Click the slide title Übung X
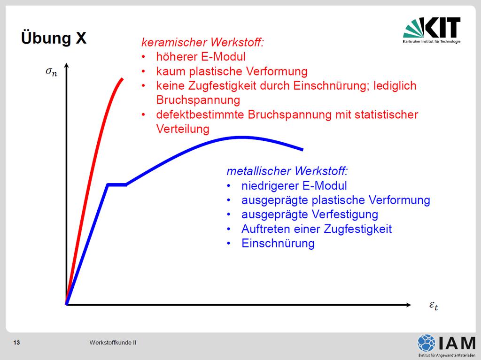[x=54, y=38]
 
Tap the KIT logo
[x=432, y=30]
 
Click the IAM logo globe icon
[x=426, y=343]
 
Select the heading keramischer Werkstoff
[x=202, y=42]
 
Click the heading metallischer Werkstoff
[x=287, y=171]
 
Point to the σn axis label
[x=51, y=72]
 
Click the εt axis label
[x=434, y=306]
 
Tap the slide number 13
[x=16, y=343]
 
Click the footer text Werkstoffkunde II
[x=113, y=343]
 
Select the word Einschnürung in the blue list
[x=278, y=243]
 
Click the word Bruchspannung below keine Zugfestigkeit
[x=198, y=100]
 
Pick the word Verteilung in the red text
[x=183, y=129]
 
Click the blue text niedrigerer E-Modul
[x=294, y=185]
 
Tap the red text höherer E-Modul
[x=201, y=56]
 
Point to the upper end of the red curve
[x=123, y=79]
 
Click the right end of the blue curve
[x=303, y=150]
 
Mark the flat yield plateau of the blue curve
[x=117, y=184]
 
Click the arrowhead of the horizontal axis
[x=408, y=305]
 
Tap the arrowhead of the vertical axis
[x=67, y=65]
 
